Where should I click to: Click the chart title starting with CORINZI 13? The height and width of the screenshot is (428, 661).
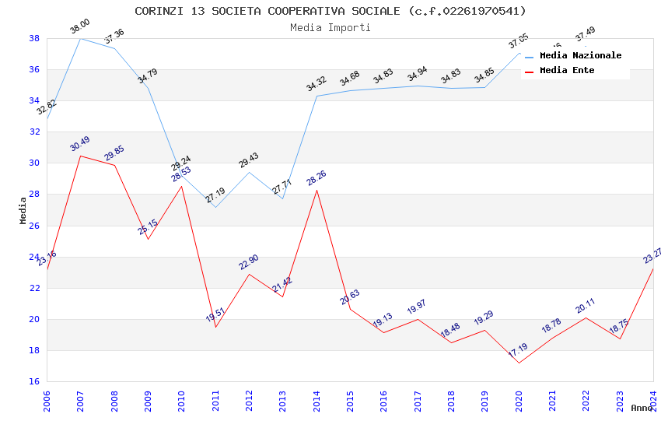click(x=330, y=11)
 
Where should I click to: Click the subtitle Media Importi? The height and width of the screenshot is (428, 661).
click(x=330, y=27)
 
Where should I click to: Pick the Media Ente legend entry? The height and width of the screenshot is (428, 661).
click(x=567, y=71)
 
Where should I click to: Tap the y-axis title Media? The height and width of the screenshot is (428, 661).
click(x=23, y=210)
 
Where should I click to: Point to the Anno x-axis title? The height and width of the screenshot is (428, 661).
click(x=642, y=408)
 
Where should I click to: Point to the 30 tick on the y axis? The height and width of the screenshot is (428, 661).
click(x=34, y=163)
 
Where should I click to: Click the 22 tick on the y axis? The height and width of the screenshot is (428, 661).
click(x=34, y=288)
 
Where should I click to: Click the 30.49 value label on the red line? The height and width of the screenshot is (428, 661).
click(x=80, y=144)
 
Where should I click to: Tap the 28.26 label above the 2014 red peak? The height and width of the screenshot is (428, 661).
click(x=317, y=178)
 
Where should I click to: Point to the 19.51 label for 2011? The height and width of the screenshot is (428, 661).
click(x=215, y=315)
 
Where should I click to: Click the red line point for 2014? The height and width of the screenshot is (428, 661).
click(x=317, y=190)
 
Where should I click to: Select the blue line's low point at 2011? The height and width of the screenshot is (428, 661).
click(x=215, y=207)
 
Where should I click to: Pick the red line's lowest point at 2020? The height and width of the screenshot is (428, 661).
click(x=519, y=363)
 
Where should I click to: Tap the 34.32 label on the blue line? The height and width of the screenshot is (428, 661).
click(x=317, y=84)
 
